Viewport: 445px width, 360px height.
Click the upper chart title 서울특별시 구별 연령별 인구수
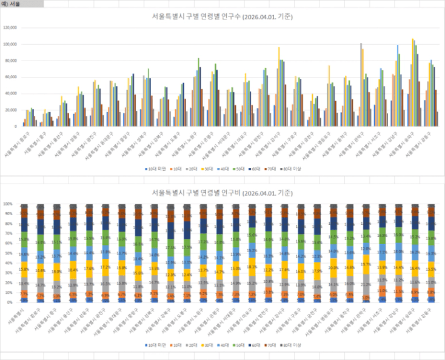pos(222,17)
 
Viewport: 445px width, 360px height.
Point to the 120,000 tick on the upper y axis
pos(10,28)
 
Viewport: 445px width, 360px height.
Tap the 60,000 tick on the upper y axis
pos(10,78)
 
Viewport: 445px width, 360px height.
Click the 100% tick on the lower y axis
pos(8,204)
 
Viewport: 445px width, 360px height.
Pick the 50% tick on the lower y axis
pos(8,253)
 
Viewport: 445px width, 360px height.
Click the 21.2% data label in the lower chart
pos(366,283)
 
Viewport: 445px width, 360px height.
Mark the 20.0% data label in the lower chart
pos(333,267)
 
